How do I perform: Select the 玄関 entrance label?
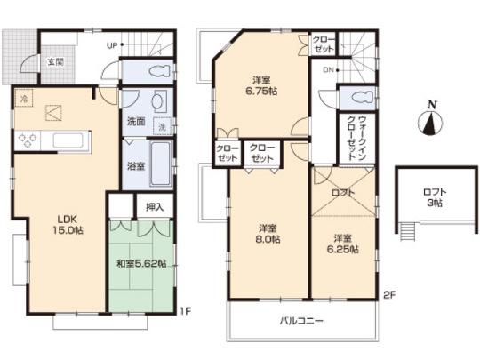coord(55,61)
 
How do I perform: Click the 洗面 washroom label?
coord(135,121)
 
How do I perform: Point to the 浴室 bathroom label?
coord(135,166)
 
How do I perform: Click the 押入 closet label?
coord(153,207)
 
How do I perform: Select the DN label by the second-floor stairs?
coord(327,69)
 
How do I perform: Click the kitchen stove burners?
coord(26,140)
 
